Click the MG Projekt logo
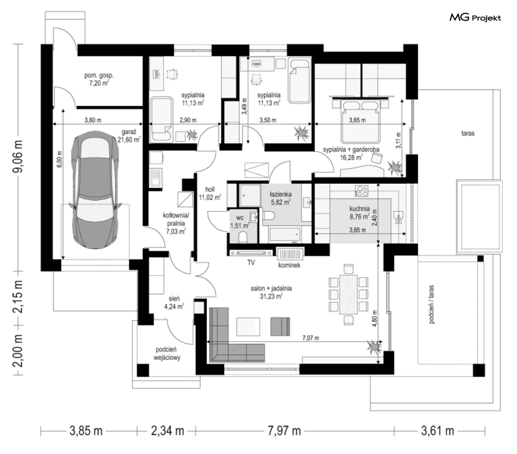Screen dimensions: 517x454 [x=475, y=17]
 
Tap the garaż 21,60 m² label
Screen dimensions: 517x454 [x=129, y=136]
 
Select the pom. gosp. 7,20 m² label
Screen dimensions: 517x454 [x=99, y=79]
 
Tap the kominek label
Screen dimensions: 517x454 [x=289, y=265]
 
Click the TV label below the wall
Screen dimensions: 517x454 [x=251, y=263]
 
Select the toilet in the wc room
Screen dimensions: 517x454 [x=243, y=237]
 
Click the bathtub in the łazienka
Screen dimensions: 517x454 [x=285, y=235]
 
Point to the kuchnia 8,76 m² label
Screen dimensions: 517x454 [x=359, y=213]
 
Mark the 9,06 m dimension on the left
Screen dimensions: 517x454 [x=19, y=156]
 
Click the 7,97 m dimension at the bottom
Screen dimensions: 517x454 [x=284, y=430]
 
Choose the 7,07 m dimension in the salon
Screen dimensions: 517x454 [x=311, y=338]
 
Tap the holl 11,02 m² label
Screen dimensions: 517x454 [x=210, y=194]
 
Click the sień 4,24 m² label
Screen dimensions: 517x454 [x=174, y=303]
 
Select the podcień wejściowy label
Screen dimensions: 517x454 [x=167, y=353]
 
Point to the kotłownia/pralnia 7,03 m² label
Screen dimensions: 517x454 [x=176, y=224]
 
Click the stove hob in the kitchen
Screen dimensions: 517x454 [x=361, y=191]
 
